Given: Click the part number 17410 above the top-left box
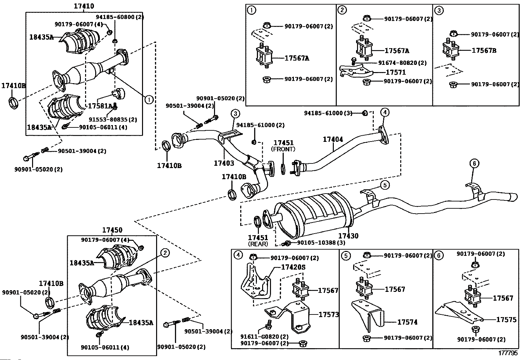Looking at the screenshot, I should [x=84, y=6].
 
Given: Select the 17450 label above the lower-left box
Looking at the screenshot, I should [x=112, y=230].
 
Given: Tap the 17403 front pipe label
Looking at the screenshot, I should [x=224, y=163].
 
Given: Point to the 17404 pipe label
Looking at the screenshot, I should [x=333, y=140].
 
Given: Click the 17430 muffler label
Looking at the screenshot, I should [x=348, y=236].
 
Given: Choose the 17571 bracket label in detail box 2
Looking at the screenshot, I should [x=396, y=72].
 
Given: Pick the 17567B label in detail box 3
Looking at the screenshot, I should [x=484, y=51].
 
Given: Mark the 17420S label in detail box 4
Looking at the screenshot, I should [x=293, y=267].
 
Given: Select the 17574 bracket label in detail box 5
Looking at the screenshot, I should [x=407, y=322].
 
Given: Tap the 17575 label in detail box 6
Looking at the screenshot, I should [x=506, y=319].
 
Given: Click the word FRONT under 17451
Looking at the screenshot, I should [x=283, y=149].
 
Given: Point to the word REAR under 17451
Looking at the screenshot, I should [x=258, y=244].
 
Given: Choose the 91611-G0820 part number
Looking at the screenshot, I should [x=264, y=336].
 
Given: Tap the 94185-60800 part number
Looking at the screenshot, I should [x=120, y=17].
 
